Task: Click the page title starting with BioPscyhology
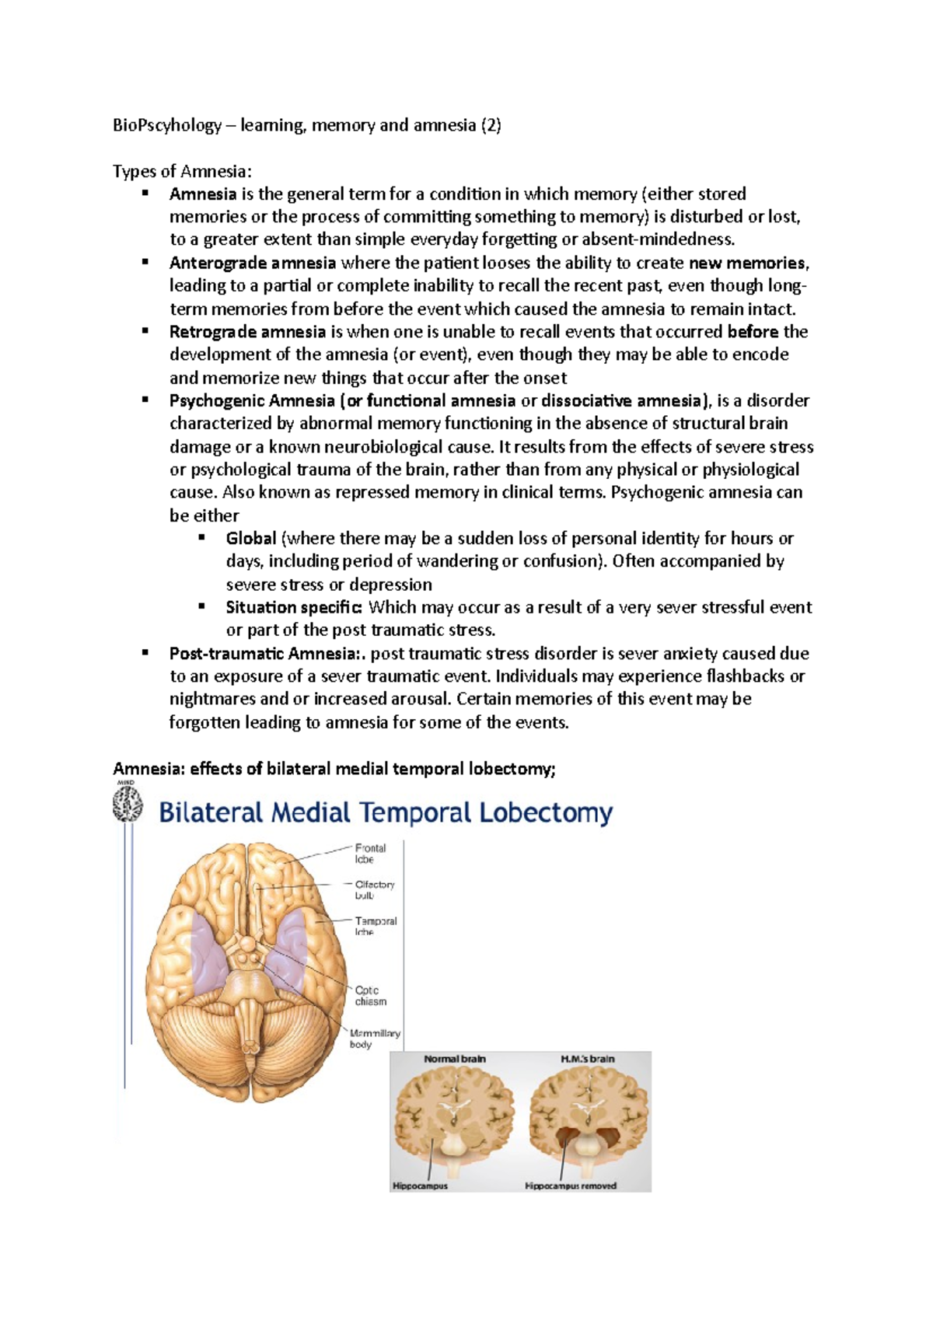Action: (x=306, y=125)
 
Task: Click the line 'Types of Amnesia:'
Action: (x=182, y=171)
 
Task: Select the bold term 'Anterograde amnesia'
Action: (x=253, y=263)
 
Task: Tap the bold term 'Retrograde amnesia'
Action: (x=247, y=332)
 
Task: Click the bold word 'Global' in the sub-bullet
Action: (x=251, y=539)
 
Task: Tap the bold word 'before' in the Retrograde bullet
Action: (x=753, y=332)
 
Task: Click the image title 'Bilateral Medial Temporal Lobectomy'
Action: (x=386, y=813)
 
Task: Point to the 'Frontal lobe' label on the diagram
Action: (x=369, y=854)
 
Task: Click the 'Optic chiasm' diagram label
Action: (x=370, y=996)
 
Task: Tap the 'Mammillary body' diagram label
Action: (x=374, y=1039)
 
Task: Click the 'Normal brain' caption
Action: (x=455, y=1059)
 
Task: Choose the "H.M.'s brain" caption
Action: (x=587, y=1059)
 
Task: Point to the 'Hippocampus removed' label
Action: (x=571, y=1186)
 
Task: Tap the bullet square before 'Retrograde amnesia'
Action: (x=145, y=331)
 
